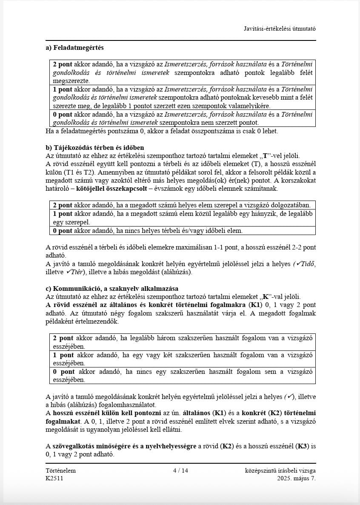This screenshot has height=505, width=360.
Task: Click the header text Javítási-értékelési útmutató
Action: point(280,29)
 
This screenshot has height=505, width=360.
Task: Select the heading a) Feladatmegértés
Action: point(74,48)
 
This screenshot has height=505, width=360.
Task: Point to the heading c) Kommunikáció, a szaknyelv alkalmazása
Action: point(112,288)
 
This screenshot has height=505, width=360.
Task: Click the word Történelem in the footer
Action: point(60,471)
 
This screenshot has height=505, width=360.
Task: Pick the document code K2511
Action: point(54,478)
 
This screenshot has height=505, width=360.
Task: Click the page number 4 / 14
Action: point(180,471)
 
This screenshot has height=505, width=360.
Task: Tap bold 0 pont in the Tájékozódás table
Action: point(62,231)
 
